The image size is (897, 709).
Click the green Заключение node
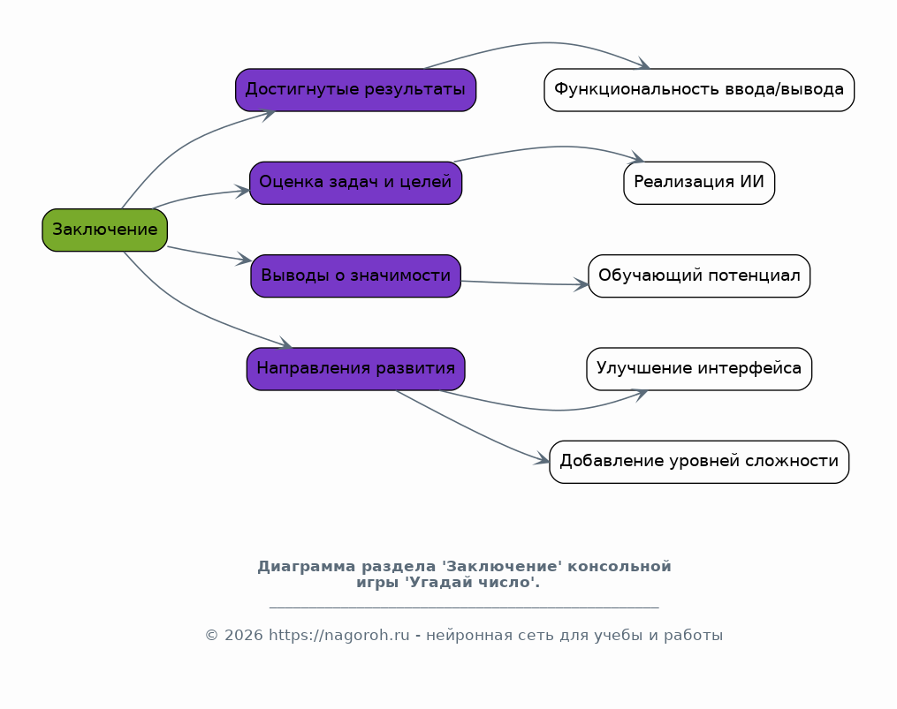click(x=104, y=230)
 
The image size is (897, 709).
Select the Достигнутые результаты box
click(x=356, y=90)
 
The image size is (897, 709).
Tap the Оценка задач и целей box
click(x=356, y=183)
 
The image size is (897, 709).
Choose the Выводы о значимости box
click(x=356, y=276)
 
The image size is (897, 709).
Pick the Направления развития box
click(x=356, y=369)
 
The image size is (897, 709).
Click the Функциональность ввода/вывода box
click(x=699, y=90)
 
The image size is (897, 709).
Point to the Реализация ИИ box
click(x=699, y=183)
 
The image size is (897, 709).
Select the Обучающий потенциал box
click(x=699, y=276)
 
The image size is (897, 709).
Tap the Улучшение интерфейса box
click(x=699, y=369)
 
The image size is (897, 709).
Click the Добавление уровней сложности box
click(x=699, y=462)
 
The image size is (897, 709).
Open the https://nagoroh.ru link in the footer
click(x=339, y=635)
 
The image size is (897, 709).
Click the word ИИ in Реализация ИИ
click(x=752, y=182)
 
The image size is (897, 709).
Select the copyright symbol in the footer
click(x=212, y=635)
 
